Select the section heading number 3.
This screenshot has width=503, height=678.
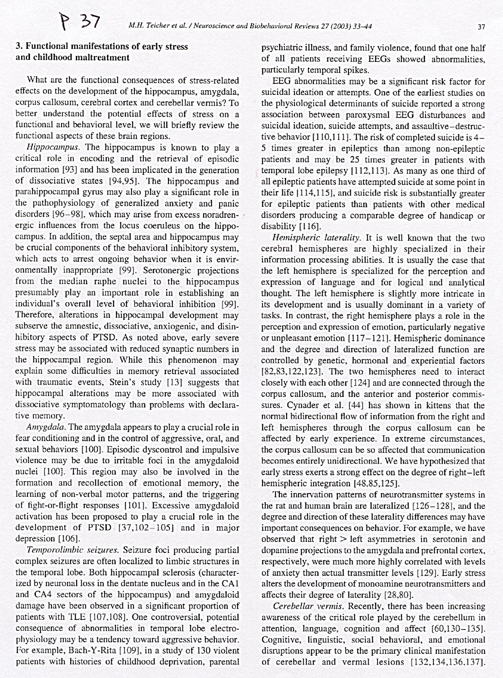click(18, 47)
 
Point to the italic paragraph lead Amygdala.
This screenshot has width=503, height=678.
click(43, 427)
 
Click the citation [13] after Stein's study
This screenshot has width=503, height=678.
click(178, 383)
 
